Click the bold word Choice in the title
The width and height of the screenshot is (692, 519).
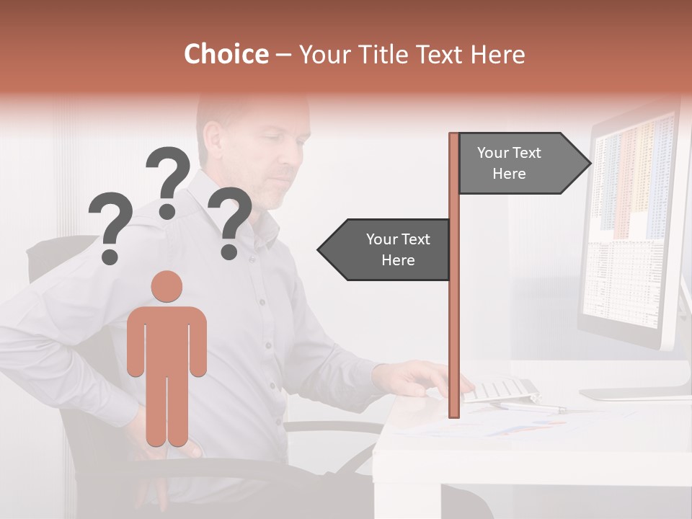click(226, 54)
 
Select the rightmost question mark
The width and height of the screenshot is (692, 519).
click(230, 222)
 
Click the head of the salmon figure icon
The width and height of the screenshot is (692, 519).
click(167, 286)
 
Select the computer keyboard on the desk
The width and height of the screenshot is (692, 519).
click(501, 390)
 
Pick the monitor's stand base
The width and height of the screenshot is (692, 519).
click(634, 394)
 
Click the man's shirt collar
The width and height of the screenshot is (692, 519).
click(259, 216)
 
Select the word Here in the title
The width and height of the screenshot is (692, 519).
click(497, 54)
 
